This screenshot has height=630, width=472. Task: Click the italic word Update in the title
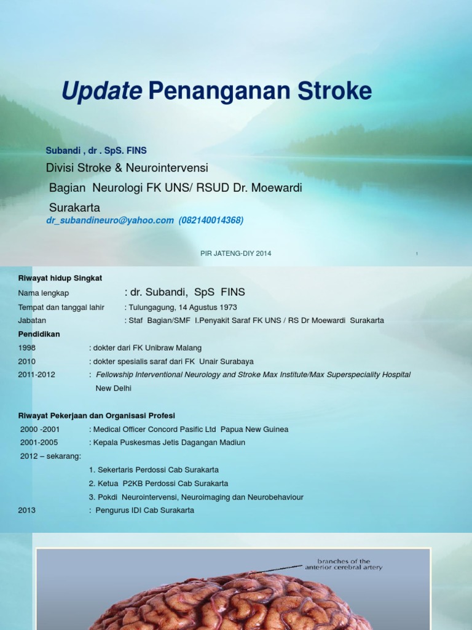(x=101, y=92)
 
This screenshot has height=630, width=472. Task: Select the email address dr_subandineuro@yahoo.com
(x=110, y=220)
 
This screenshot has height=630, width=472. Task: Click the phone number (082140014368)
(x=211, y=220)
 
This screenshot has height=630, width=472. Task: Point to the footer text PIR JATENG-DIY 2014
(x=235, y=253)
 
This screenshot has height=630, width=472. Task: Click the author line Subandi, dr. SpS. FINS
(x=96, y=150)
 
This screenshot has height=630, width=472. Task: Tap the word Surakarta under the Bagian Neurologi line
(x=74, y=207)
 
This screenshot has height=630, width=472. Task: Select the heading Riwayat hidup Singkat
(x=60, y=278)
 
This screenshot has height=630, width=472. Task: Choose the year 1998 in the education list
(x=27, y=348)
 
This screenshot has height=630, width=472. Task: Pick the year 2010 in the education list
(x=27, y=361)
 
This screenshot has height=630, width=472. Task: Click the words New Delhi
(x=114, y=388)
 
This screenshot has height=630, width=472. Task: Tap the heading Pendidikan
(x=39, y=334)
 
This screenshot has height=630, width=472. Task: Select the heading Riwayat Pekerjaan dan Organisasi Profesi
(x=96, y=415)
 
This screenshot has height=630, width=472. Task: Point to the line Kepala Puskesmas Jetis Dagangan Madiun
(x=169, y=442)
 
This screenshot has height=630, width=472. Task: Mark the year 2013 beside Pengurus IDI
(x=27, y=510)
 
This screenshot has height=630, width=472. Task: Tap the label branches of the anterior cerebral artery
(x=344, y=564)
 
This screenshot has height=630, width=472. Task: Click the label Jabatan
(x=32, y=321)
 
